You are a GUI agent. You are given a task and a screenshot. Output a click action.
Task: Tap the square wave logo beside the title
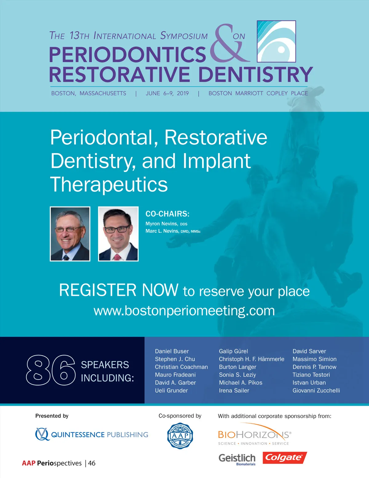tap(276, 41)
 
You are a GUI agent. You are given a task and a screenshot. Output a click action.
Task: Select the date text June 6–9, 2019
tap(167, 93)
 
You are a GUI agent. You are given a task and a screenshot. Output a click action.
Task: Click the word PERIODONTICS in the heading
tap(128, 54)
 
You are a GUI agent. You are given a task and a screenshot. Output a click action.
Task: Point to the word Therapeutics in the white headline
tap(109, 184)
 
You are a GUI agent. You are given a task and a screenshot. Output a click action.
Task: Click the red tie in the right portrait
tap(117, 257)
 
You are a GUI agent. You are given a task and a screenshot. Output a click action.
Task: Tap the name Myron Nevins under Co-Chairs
tap(161, 224)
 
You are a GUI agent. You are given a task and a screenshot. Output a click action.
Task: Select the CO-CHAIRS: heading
tap(168, 214)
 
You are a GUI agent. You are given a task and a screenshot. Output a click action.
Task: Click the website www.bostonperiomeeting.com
tap(184, 311)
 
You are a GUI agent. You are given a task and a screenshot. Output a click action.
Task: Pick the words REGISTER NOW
tap(119, 290)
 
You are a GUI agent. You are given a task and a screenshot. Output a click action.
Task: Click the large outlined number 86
tap(51, 370)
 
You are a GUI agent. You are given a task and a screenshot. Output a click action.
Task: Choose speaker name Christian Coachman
tap(181, 367)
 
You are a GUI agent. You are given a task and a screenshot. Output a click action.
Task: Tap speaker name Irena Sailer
tap(234, 391)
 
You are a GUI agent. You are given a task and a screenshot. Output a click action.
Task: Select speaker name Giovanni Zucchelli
tap(316, 391)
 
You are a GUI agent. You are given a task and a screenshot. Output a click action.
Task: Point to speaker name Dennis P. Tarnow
tap(314, 367)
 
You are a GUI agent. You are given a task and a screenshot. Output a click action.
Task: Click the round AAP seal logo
tap(180, 436)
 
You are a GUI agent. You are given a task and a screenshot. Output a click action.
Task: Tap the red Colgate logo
tap(285, 458)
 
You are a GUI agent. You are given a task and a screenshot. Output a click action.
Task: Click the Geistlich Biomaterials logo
tap(237, 459)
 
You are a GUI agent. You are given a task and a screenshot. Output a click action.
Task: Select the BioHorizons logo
tap(255, 434)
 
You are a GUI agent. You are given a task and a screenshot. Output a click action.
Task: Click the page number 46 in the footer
tap(92, 463)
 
